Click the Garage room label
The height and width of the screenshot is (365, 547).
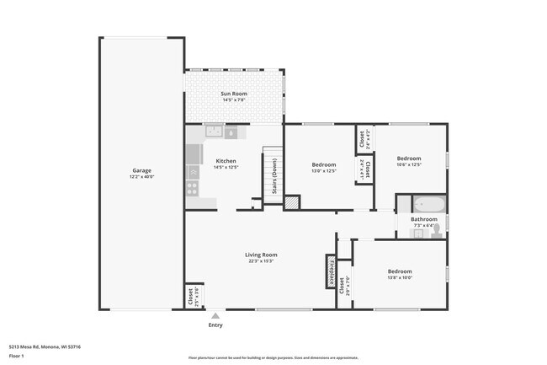[140, 170]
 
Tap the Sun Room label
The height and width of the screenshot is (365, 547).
[234, 93]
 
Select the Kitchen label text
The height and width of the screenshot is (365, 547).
[226, 160]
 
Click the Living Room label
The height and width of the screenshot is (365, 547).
[261, 255]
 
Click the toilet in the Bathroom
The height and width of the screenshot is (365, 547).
[437, 229]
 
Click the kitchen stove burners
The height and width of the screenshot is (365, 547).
[193, 188]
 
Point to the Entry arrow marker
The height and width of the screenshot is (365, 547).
[215, 316]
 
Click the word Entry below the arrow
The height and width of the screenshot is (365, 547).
[215, 325]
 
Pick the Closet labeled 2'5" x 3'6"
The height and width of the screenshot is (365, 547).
[193, 295]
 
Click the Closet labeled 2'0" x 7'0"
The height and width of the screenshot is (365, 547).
[343, 287]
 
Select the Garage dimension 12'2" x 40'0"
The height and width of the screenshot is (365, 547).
[140, 177]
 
